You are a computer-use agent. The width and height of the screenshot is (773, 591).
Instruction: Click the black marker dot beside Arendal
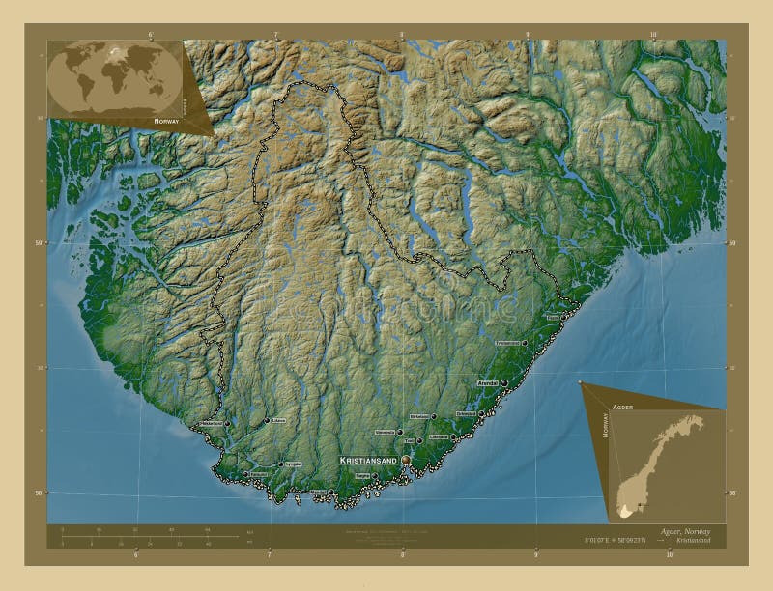point(504,383)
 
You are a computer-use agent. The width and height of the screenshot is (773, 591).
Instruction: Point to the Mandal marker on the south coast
point(330,492)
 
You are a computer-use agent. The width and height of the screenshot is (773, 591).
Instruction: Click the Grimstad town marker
point(481,414)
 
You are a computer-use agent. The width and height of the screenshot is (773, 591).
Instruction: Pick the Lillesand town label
point(439,437)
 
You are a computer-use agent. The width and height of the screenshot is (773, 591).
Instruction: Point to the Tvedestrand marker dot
point(525,343)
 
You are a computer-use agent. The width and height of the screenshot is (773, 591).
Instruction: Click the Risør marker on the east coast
point(562,317)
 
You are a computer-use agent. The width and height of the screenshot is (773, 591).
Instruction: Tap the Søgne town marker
point(373,475)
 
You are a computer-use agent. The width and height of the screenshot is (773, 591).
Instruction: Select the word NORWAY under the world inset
point(167,121)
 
